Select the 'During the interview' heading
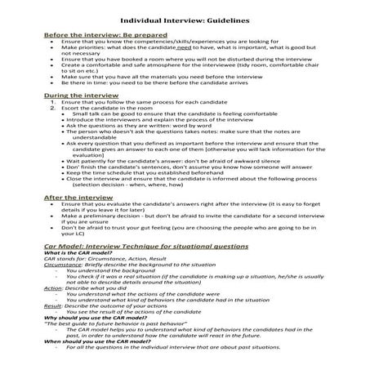coord(78,95)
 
